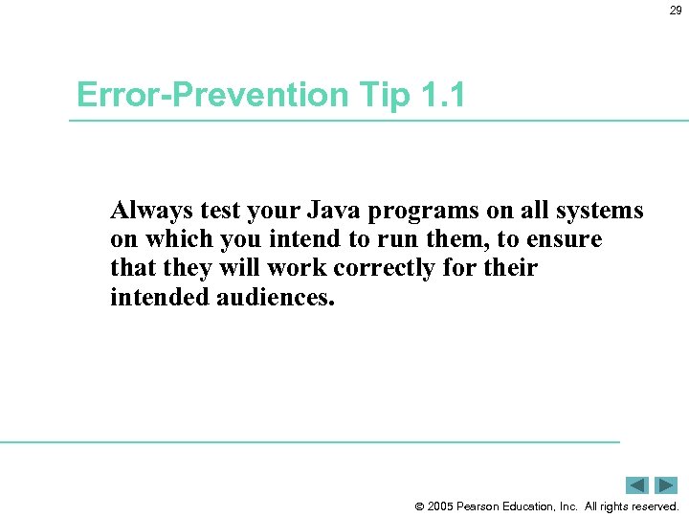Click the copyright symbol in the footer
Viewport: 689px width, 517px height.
pyautogui.click(x=418, y=506)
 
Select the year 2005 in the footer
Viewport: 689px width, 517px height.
pyautogui.click(x=441, y=506)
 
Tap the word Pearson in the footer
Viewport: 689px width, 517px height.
pyautogui.click(x=482, y=506)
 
